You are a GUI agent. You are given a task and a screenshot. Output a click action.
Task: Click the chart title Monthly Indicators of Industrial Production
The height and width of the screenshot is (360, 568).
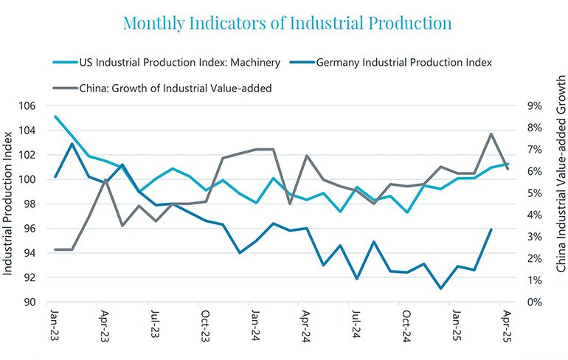(287, 23)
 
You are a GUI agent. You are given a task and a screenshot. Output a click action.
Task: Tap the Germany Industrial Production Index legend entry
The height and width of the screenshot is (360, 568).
(401, 63)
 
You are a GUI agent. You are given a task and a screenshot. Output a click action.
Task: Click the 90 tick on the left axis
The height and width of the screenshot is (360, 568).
(29, 302)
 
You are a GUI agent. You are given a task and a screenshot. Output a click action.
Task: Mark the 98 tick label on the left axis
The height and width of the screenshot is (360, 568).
(29, 204)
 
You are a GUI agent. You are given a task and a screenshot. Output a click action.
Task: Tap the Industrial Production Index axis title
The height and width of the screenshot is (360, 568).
(9, 204)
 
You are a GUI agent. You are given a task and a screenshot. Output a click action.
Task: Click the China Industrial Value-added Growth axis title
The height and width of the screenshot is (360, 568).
(558, 204)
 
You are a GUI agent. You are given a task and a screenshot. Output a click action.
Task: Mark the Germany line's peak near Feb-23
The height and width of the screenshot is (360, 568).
(72, 143)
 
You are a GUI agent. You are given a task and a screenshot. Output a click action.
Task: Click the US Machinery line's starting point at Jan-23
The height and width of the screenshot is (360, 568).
(55, 117)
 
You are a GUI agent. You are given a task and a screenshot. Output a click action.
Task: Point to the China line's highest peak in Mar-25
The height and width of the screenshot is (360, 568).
(491, 134)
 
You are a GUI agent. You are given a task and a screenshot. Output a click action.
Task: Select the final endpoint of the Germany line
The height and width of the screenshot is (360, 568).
(491, 229)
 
